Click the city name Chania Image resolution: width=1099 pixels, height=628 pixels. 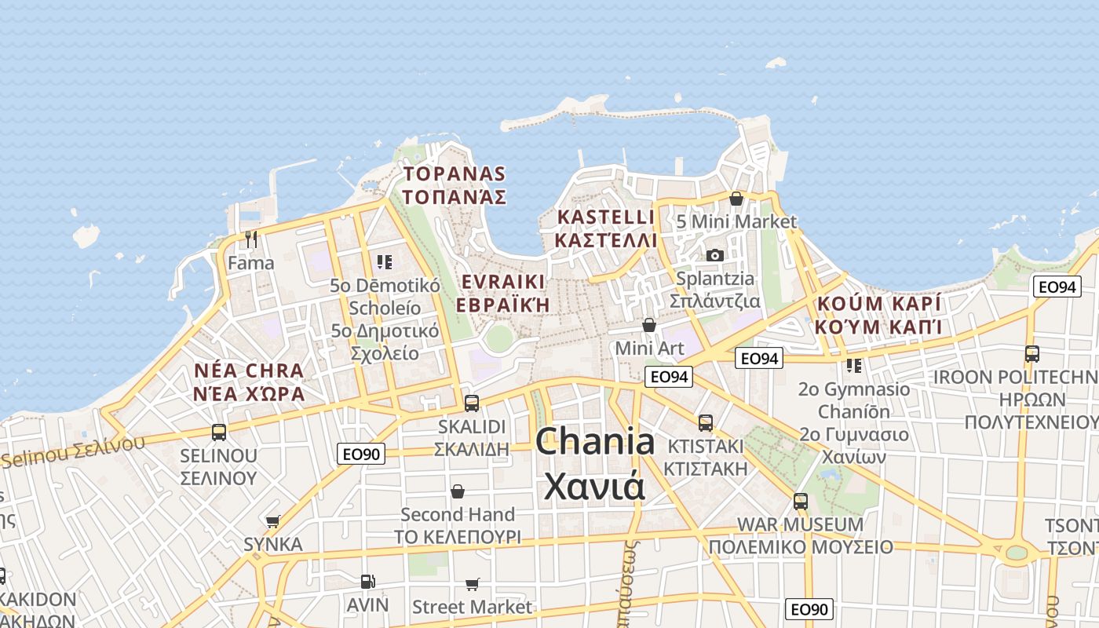595,442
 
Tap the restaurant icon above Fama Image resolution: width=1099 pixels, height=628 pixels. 251,239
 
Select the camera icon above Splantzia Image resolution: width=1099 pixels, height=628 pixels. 714,255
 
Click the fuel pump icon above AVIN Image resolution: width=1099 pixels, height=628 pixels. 367,582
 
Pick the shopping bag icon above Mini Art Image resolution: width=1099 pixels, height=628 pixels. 649,324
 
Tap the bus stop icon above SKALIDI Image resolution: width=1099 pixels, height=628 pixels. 471,403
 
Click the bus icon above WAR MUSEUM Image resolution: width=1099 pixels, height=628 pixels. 801,501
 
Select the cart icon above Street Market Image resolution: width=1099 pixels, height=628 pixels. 472,584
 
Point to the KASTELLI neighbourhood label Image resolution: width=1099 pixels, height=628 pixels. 605,217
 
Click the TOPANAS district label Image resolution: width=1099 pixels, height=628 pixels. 454,174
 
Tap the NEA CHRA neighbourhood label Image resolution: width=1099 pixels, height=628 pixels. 249,371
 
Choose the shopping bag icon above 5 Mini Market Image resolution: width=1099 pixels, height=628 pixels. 736,199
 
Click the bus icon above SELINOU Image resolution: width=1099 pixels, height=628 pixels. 219,432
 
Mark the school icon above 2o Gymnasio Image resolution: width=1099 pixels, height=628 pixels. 854,365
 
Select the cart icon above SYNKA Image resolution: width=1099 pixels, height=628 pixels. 273,521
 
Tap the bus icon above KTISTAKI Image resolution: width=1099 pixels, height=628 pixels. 706,422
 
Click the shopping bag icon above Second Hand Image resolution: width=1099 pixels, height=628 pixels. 458,491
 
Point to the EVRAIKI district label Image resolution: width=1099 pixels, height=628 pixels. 503,282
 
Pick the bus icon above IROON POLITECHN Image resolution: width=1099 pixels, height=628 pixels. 1032,353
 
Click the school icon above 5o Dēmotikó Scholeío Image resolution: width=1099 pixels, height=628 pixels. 384,261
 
